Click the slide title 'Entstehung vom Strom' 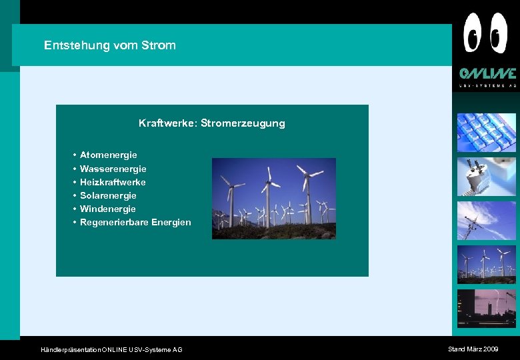coord(110,45)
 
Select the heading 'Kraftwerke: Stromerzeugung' coord(211,123)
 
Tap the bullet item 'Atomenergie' coord(108,155)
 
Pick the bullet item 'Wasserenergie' coord(113,169)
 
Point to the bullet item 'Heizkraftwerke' coord(113,182)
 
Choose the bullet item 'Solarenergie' coord(108,195)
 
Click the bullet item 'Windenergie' coord(107,209)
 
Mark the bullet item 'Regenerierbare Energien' coord(135,222)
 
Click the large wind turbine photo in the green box coord(273,198)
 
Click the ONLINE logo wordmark coord(487,74)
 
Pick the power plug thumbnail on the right coord(486,177)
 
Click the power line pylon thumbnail coord(486,221)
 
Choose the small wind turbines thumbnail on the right coord(486,265)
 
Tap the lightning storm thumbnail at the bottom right coord(486,308)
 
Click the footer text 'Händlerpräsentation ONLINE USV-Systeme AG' coord(111,350)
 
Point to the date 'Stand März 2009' coord(473,349)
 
